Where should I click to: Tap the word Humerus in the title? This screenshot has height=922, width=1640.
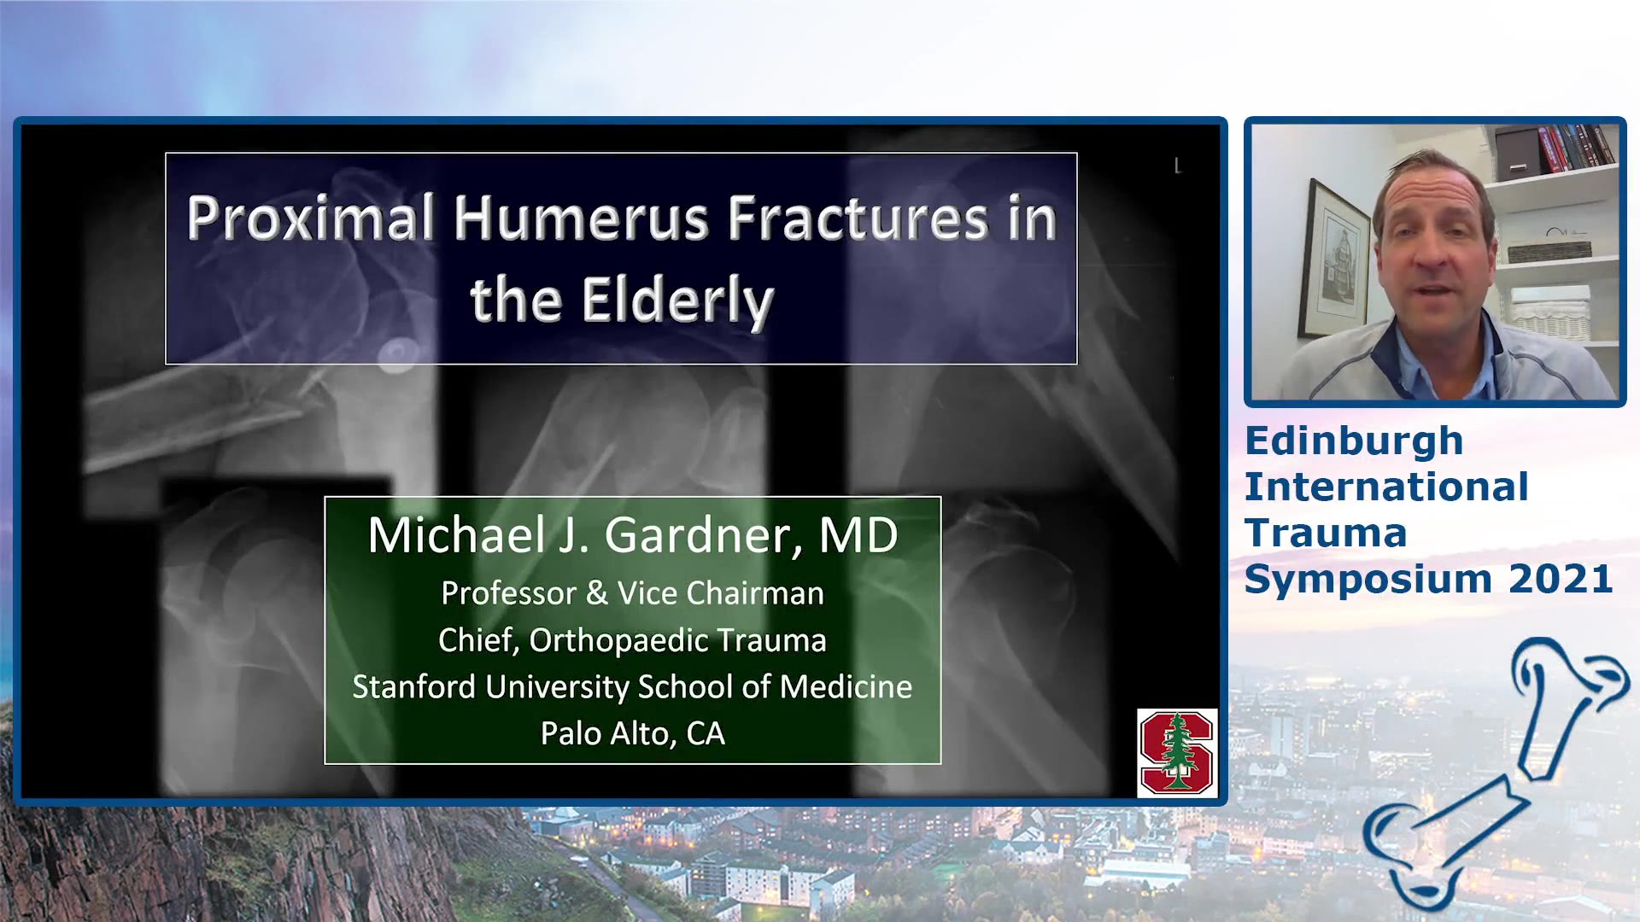581,219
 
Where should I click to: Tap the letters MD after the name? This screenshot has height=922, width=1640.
858,535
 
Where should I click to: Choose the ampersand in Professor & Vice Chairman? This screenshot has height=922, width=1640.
597,593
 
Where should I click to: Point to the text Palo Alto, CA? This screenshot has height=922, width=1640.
633,733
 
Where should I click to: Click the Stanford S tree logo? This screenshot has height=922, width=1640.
1177,752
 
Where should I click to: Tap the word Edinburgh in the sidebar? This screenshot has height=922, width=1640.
1354,442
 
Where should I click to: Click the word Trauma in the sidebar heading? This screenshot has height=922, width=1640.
1326,533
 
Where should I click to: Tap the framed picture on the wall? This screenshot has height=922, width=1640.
1334,260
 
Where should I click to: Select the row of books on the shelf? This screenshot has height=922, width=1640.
1577,147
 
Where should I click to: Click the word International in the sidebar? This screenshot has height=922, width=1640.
1386,487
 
